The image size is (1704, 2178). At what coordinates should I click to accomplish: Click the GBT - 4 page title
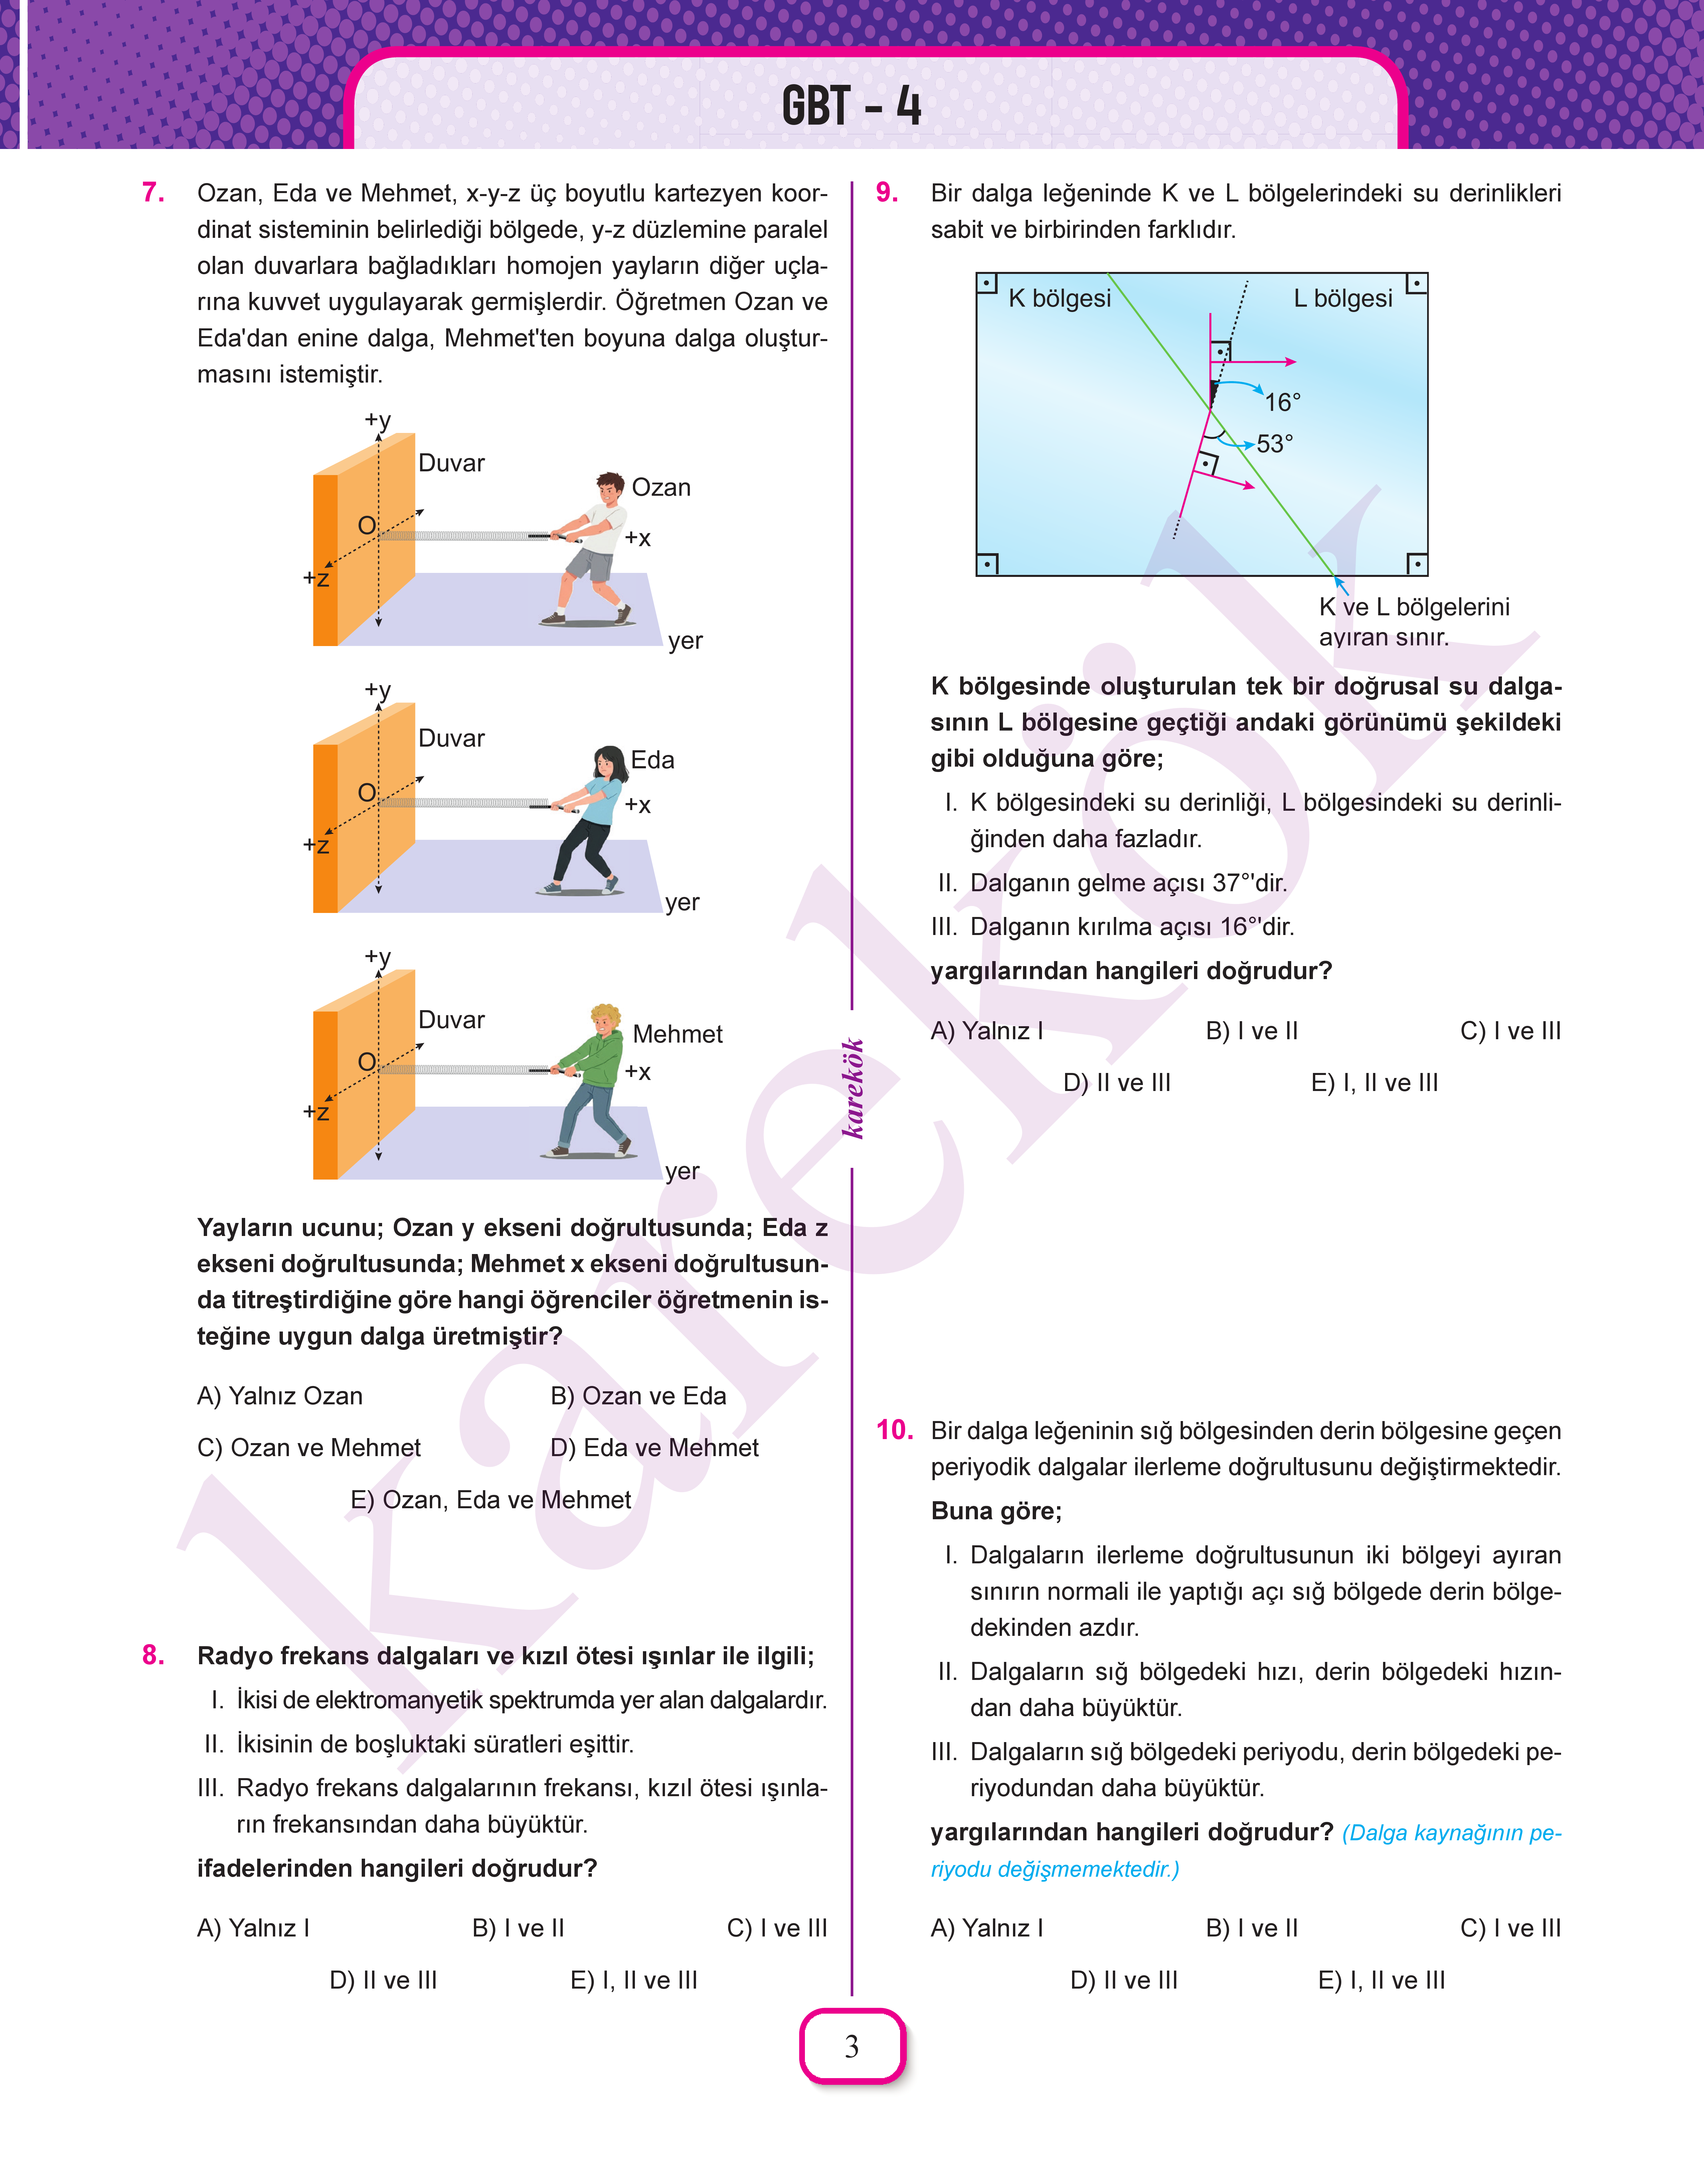click(851, 106)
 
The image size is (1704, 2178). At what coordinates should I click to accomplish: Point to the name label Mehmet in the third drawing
click(677, 1035)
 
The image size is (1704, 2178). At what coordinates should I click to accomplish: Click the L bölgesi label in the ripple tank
click(1342, 298)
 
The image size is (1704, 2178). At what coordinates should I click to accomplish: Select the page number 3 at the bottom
click(851, 2046)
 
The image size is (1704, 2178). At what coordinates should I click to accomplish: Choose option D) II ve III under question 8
click(383, 1981)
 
